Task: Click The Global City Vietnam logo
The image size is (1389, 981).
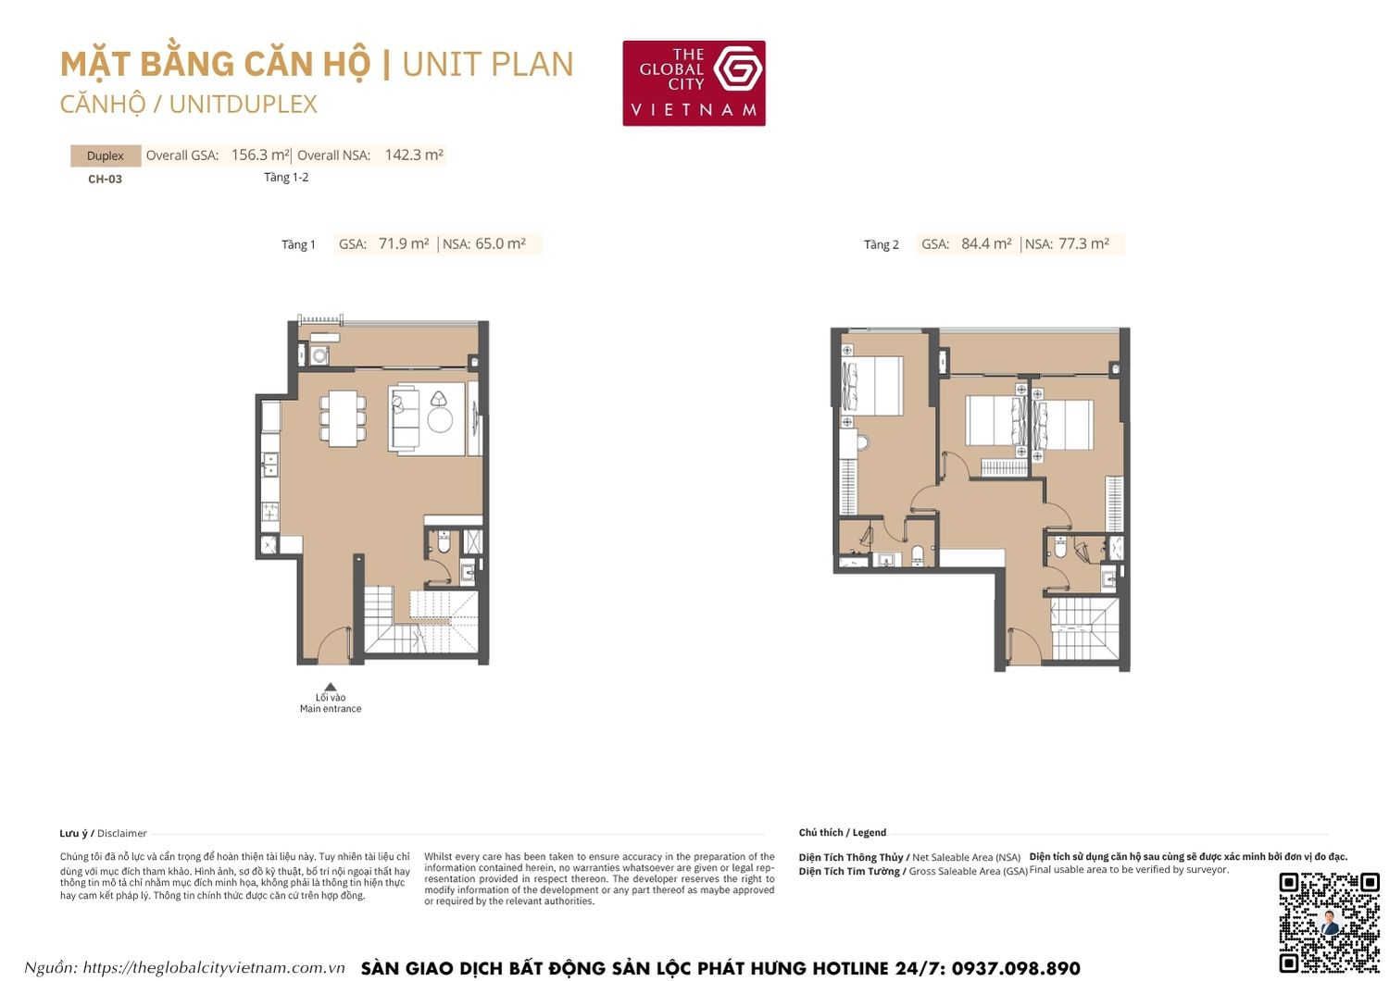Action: coord(694,82)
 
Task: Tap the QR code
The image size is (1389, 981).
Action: coord(1329,922)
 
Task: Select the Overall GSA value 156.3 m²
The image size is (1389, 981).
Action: coord(260,155)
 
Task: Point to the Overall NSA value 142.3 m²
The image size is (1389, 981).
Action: coord(414,155)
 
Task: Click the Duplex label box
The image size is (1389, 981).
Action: coord(106,155)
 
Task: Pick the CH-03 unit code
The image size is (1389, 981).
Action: coord(105,180)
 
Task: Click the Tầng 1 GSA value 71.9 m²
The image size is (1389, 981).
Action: coord(404,244)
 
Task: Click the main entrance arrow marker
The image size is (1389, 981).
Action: coord(331,687)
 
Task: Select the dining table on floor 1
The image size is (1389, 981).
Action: coord(343,418)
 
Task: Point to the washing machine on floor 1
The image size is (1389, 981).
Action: coord(320,355)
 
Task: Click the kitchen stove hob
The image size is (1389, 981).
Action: coord(270,509)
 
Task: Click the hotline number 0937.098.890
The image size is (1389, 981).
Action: coord(1016,968)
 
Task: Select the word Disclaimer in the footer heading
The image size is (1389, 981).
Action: coord(122,834)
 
